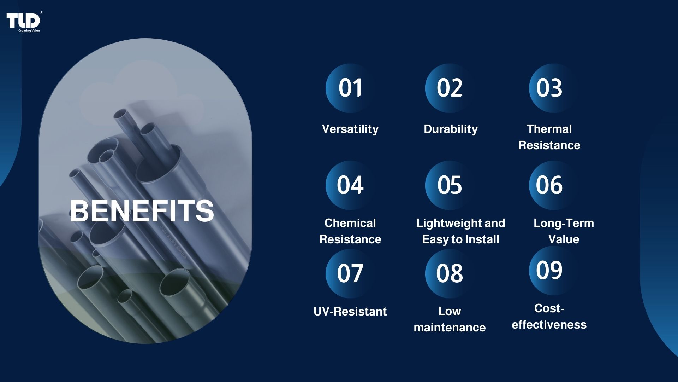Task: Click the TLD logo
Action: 23,21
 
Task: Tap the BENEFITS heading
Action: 142,211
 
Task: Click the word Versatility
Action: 350,129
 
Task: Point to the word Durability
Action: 451,129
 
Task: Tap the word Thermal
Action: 549,129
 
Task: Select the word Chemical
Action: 350,223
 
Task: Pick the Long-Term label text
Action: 564,223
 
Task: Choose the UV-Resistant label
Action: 350,312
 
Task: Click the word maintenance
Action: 450,328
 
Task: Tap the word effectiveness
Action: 549,325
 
